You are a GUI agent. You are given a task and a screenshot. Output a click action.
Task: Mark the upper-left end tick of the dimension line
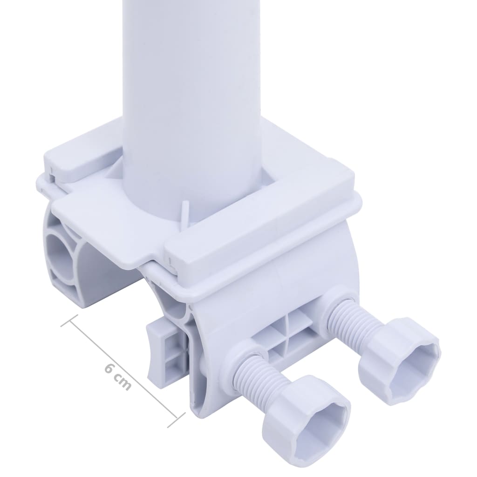pos(68,320)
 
